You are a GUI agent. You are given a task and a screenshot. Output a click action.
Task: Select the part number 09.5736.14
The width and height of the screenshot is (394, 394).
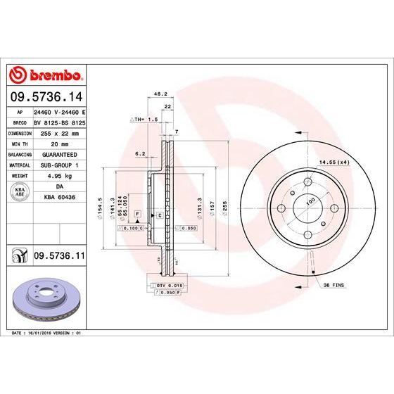click(46, 99)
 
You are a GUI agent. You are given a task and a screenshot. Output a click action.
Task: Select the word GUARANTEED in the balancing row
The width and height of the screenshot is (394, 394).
click(59, 153)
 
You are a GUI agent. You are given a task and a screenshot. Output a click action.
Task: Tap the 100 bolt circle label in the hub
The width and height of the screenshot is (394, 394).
click(309, 201)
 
